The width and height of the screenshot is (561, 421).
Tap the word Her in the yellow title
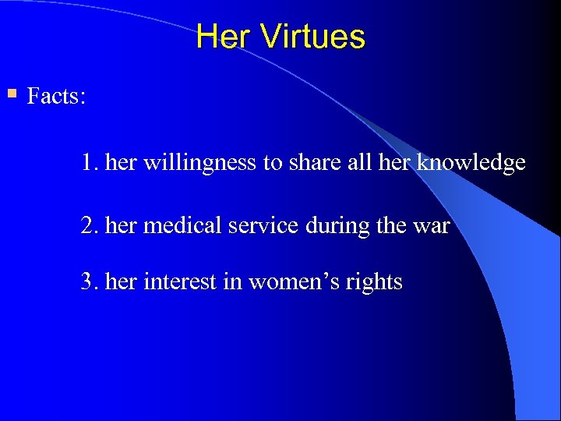click(224, 37)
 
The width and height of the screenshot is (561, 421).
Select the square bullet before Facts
click(11, 94)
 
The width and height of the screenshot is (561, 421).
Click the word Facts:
click(56, 97)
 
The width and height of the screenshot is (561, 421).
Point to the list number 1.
click(87, 163)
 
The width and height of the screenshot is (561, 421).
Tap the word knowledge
click(471, 163)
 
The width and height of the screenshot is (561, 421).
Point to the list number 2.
click(87, 226)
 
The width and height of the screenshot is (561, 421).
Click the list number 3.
click(87, 281)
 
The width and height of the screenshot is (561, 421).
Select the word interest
click(180, 281)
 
